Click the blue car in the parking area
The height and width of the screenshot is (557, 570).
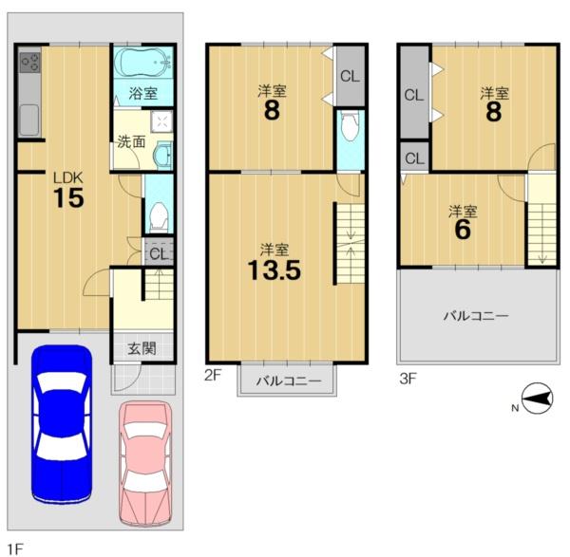(62, 424)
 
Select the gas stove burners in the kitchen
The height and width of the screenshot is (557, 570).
(29, 63)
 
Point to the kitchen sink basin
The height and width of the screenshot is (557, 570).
(29, 120)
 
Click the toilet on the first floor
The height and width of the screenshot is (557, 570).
(159, 217)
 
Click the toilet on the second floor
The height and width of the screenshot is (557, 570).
(351, 125)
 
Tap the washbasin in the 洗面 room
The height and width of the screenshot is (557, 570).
(162, 156)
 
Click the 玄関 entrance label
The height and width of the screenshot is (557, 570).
(142, 348)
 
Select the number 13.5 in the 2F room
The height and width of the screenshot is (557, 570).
(275, 270)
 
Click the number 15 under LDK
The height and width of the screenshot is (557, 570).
(68, 198)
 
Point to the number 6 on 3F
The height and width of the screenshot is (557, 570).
(463, 229)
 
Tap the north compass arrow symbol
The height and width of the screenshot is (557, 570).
(538, 399)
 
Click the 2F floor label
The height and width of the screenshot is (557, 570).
(213, 376)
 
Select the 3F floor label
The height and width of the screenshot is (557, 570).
(408, 379)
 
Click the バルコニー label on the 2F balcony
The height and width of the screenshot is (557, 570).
(289, 381)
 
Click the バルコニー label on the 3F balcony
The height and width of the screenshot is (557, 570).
(476, 316)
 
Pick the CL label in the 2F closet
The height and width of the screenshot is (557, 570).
(350, 76)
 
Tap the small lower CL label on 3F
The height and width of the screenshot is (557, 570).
(414, 158)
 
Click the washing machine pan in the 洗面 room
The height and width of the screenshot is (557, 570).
(161, 120)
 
